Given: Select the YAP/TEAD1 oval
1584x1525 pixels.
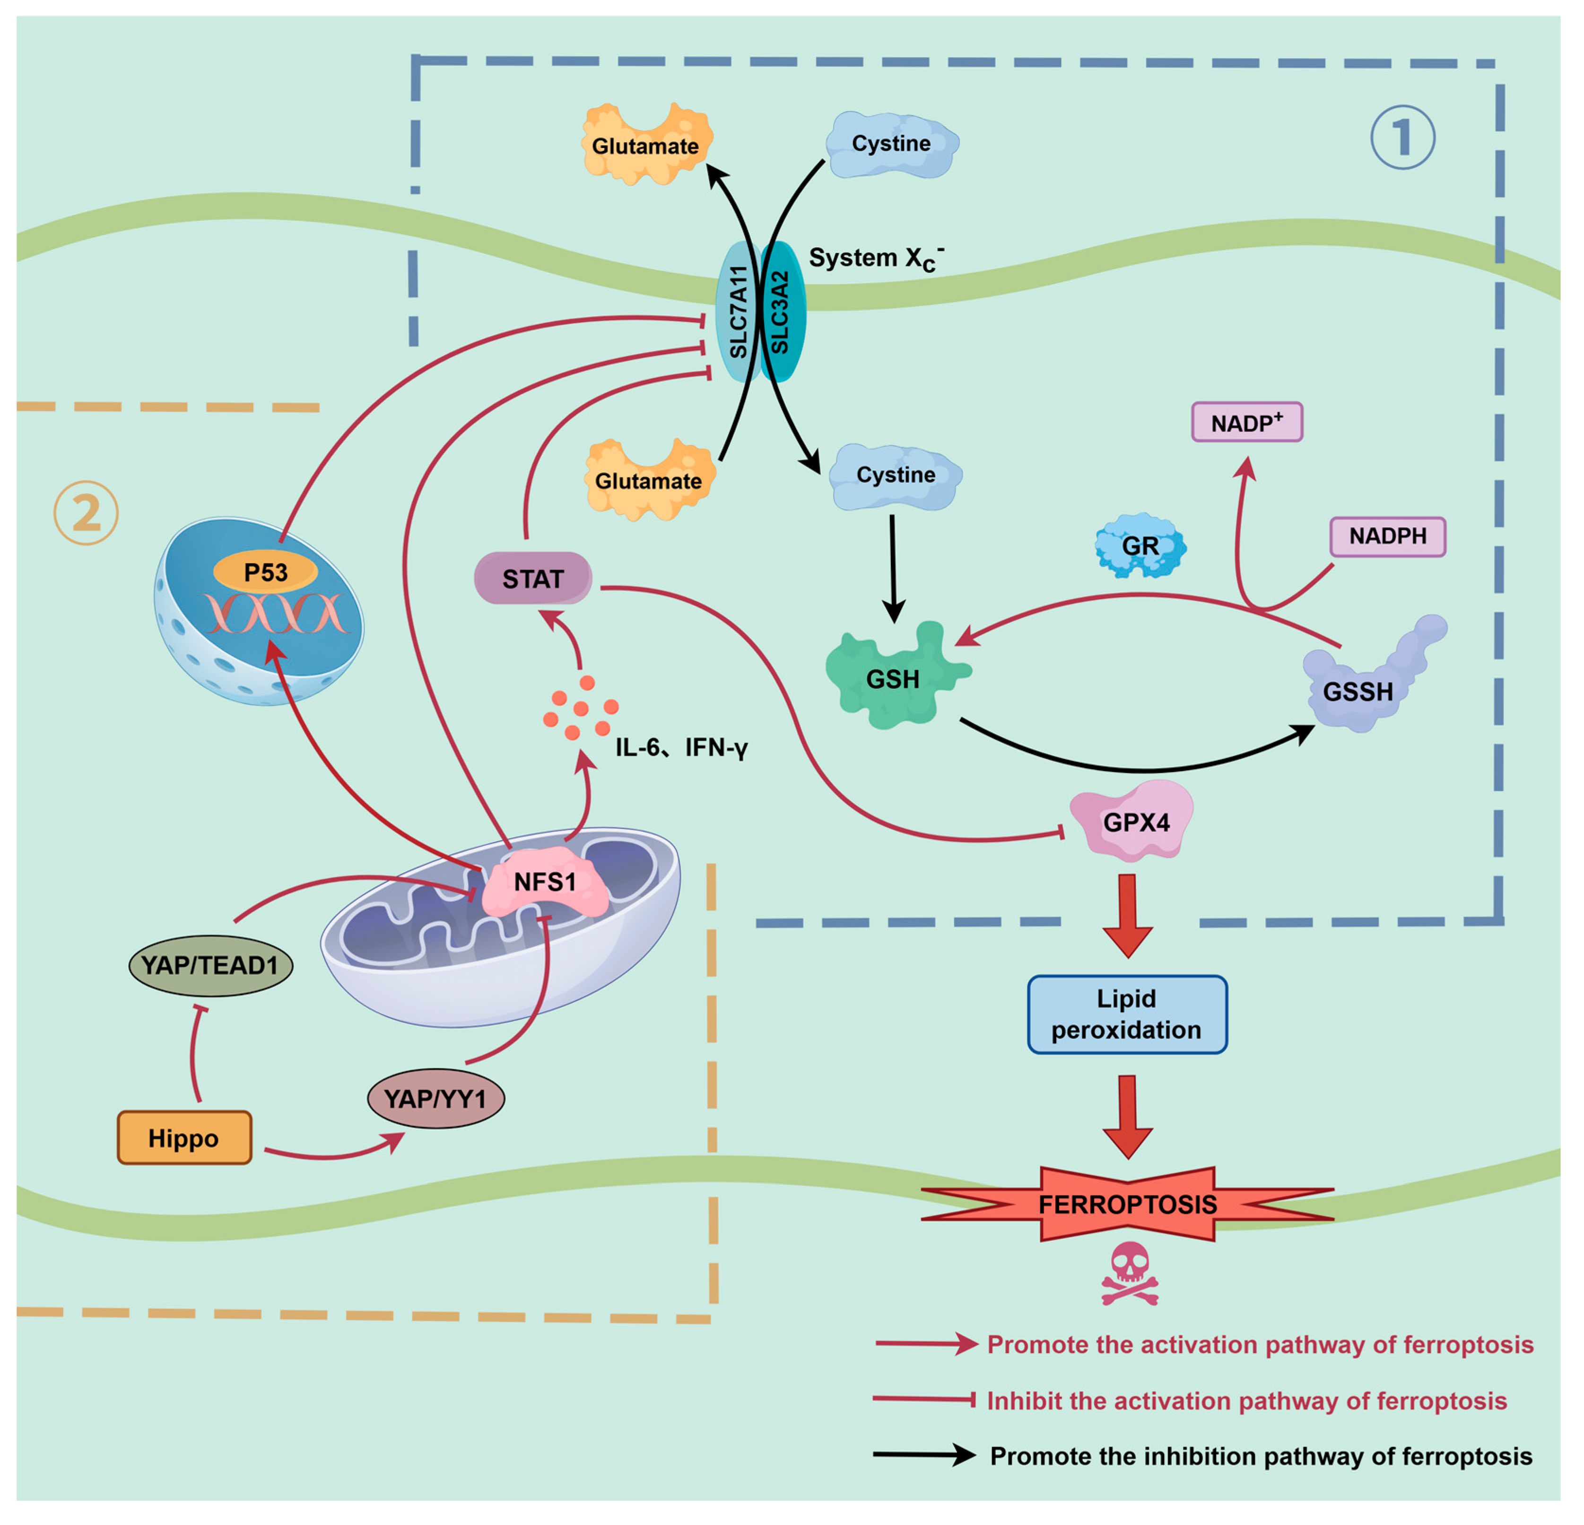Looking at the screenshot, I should (x=210, y=965).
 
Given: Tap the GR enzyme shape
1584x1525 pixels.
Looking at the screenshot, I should (x=1140, y=546).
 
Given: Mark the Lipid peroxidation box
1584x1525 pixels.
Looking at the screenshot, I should (x=1127, y=1014).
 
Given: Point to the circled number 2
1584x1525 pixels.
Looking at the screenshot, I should (x=87, y=513).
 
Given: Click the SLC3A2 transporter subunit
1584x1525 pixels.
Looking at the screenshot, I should (x=781, y=311).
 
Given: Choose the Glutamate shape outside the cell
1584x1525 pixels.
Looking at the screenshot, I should (x=646, y=146).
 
